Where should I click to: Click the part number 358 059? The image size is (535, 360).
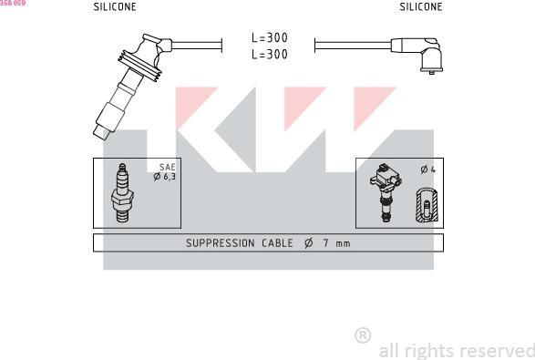(x=13, y=4)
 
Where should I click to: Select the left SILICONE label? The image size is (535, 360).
(x=115, y=7)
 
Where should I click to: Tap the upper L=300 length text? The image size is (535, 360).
(x=269, y=38)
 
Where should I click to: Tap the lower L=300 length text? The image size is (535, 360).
(x=269, y=55)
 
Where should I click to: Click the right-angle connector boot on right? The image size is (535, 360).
(x=422, y=53)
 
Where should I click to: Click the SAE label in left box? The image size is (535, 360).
(x=167, y=168)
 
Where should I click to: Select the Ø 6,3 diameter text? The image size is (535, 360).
(x=164, y=177)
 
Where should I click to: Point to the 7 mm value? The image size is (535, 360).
(x=333, y=243)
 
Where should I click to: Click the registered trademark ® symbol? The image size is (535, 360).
(x=362, y=335)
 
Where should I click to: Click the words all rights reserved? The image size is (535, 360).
(x=456, y=350)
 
